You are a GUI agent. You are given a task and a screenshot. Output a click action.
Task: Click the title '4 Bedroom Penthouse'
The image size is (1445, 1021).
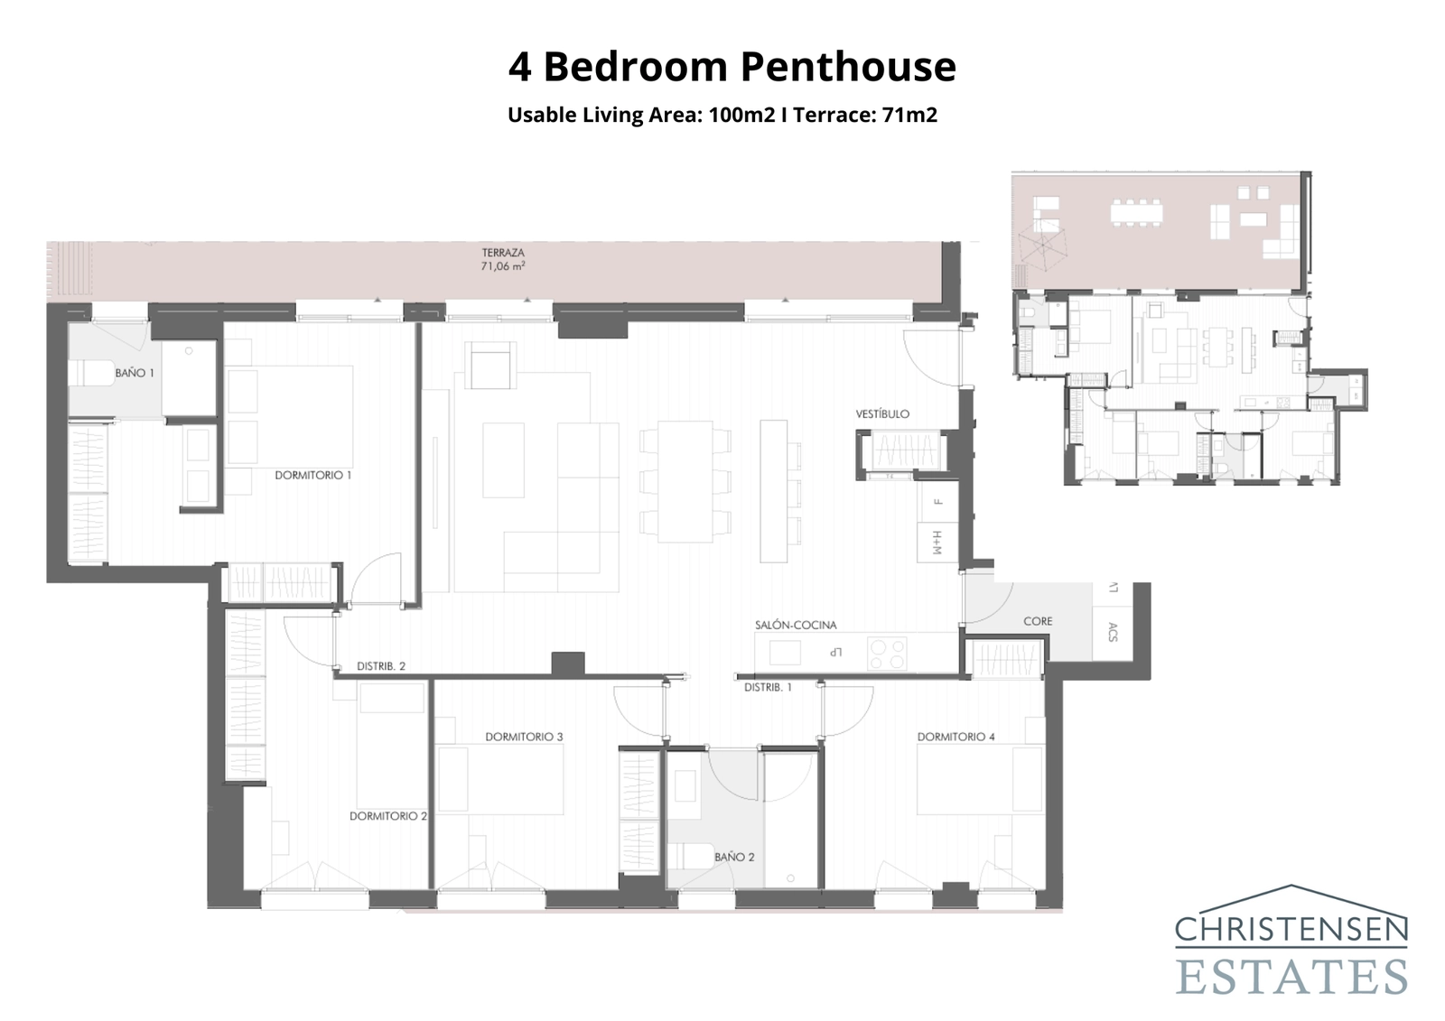(732, 67)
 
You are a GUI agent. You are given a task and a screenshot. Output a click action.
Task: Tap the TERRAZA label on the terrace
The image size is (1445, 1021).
(503, 254)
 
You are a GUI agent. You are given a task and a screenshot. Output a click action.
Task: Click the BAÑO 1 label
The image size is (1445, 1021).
(135, 373)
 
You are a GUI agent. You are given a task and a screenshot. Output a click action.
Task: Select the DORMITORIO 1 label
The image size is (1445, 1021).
(312, 475)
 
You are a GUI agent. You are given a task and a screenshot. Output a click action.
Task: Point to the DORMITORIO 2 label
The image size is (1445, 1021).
(388, 816)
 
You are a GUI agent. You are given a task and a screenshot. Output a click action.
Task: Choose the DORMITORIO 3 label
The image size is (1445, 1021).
(524, 737)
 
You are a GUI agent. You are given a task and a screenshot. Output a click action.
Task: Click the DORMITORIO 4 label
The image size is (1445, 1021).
(956, 737)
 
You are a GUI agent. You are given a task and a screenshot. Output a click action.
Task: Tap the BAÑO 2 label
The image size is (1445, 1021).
(733, 857)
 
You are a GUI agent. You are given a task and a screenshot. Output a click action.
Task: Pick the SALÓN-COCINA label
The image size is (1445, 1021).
(796, 625)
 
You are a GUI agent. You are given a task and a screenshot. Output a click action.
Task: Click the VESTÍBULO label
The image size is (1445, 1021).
(882, 414)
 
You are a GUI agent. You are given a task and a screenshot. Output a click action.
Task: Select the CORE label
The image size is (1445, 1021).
(1038, 621)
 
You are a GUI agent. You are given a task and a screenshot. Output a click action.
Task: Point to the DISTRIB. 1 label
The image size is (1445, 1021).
(768, 687)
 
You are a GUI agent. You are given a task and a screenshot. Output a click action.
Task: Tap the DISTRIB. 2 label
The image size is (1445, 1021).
(381, 666)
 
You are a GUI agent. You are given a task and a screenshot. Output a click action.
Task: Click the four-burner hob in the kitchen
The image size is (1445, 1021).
(886, 654)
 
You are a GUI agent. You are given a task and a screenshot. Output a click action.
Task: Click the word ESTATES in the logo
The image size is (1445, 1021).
(1291, 977)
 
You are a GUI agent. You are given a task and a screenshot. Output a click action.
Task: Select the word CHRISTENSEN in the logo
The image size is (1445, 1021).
(1291, 929)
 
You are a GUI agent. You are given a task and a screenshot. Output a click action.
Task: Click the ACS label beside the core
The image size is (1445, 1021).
(1113, 633)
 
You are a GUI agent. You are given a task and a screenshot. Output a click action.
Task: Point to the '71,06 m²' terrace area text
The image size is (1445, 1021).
(503, 267)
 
